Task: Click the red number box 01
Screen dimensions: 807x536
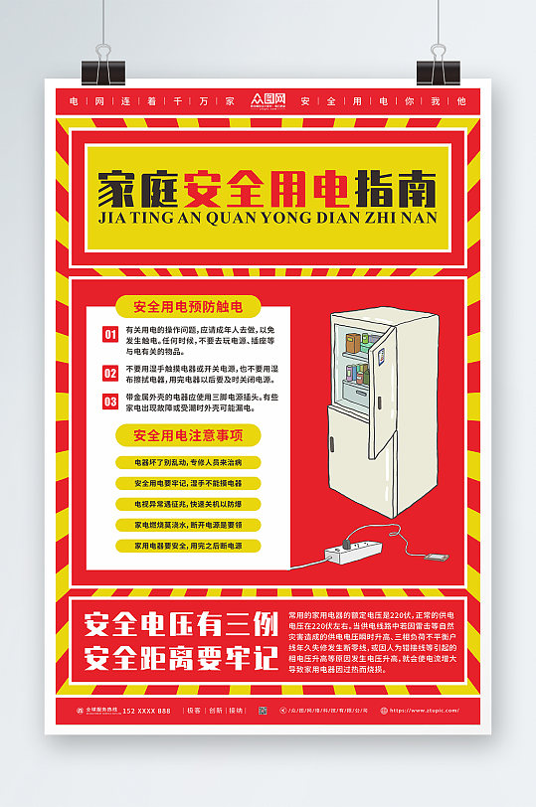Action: [x=110, y=334]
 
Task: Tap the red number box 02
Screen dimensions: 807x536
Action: [x=110, y=373]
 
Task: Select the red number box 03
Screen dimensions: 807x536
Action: [x=110, y=402]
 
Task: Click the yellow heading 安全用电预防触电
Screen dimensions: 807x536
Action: [x=187, y=306]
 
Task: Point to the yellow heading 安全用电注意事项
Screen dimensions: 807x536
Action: [x=188, y=434]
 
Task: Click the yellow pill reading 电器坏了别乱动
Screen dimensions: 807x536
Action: [x=187, y=462]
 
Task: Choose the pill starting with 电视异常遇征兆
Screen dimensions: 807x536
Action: [x=187, y=504]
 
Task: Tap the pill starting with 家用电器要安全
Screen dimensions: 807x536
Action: [x=187, y=546]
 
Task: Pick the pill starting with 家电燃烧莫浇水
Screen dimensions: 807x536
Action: [x=187, y=525]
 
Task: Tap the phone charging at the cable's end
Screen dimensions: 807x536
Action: [x=434, y=558]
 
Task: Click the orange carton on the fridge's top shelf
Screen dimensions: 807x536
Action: [x=352, y=344]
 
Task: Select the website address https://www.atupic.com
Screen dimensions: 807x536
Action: [x=419, y=711]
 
